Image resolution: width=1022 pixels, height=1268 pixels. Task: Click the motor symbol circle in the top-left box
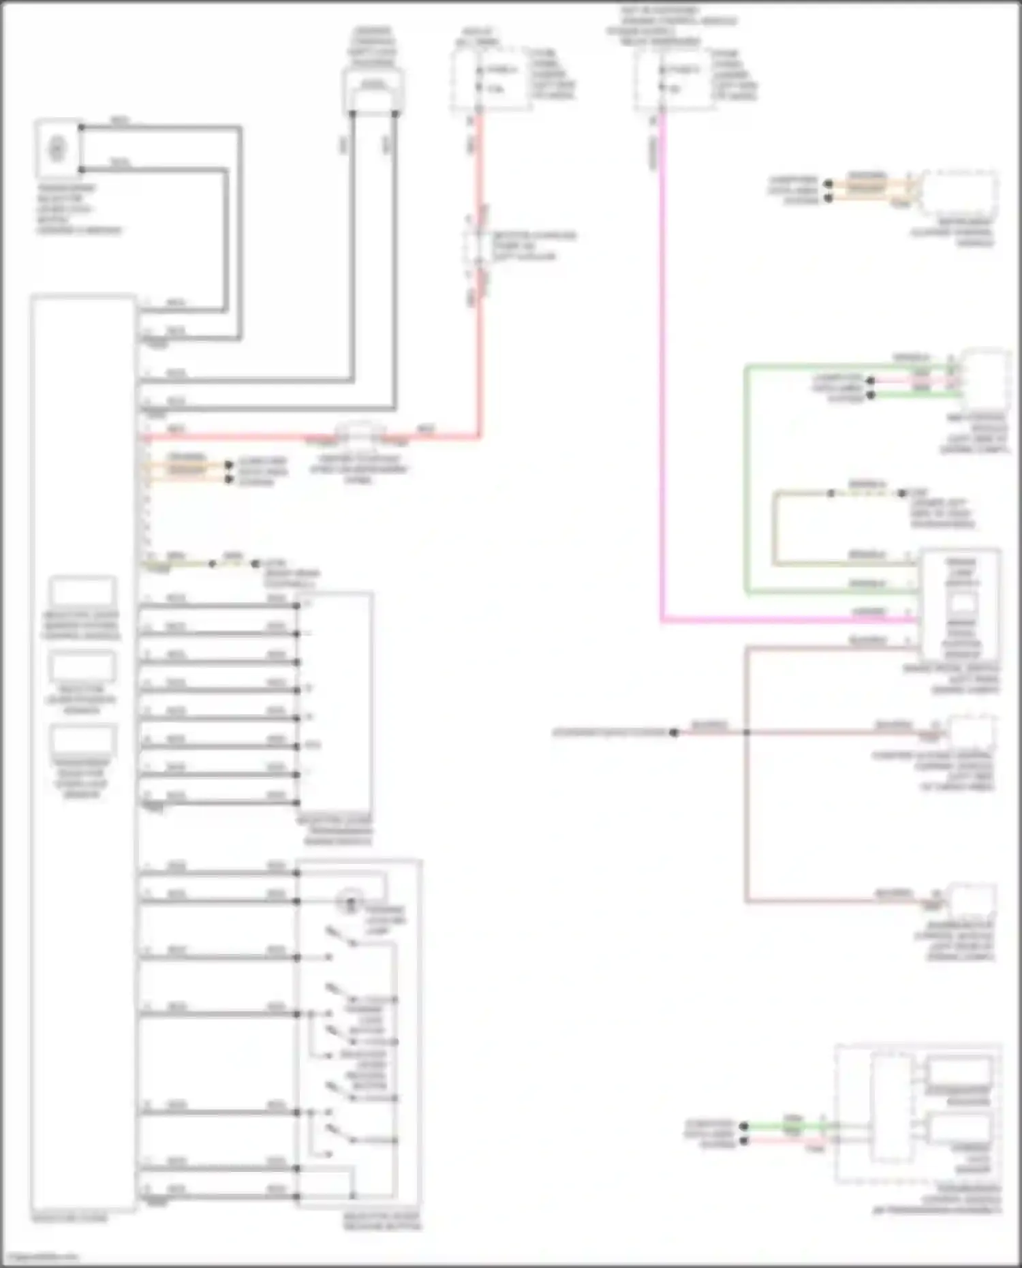[x=57, y=148]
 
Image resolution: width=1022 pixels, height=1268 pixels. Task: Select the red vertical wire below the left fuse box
[x=479, y=170]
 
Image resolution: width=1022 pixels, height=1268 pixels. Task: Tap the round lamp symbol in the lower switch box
[x=351, y=904]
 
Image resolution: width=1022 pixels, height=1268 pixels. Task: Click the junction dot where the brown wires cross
[x=747, y=732]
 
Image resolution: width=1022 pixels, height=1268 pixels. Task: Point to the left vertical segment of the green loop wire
[x=747, y=477]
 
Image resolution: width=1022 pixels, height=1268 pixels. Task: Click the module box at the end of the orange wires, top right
[x=959, y=193]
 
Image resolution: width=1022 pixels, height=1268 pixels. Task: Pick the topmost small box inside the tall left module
[x=82, y=591]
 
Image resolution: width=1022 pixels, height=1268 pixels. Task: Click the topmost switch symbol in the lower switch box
[x=341, y=936]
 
